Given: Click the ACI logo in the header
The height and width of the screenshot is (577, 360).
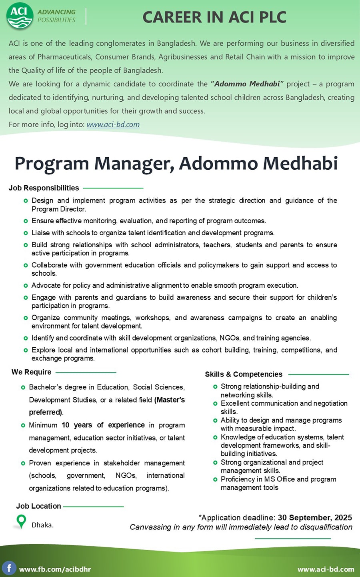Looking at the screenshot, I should (x=20, y=16).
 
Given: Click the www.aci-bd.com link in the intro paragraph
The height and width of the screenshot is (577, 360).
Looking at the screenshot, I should (x=113, y=124).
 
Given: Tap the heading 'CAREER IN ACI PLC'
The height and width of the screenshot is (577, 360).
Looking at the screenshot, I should (x=214, y=17).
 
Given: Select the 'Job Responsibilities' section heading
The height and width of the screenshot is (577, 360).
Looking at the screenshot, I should (x=44, y=188).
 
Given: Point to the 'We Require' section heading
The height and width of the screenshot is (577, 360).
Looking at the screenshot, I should (x=32, y=372).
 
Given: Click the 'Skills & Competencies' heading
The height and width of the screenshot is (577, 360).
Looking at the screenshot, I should (x=244, y=375).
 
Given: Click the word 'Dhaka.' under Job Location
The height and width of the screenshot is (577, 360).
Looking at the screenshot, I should (x=42, y=525).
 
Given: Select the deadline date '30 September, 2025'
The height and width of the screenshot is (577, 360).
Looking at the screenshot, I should (x=315, y=518).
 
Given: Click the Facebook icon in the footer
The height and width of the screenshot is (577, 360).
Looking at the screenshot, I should (x=9, y=568).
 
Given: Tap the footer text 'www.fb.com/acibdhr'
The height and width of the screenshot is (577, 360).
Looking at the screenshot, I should (x=55, y=569).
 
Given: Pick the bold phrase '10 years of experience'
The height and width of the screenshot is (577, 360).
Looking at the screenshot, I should (x=103, y=425).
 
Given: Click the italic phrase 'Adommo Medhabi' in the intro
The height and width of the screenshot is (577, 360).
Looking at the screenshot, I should (x=247, y=84).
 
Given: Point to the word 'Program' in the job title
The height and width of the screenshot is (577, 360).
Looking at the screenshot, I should (x=52, y=164).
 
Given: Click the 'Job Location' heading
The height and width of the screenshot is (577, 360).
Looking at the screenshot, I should (x=39, y=506).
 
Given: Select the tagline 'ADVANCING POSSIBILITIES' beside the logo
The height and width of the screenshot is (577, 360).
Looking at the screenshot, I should (x=56, y=16).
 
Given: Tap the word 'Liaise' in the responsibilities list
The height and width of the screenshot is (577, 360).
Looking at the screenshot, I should (x=41, y=233).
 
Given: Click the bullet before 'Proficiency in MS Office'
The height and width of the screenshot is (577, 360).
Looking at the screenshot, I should (x=216, y=479).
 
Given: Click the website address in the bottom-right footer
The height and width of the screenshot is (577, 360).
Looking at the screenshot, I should (x=326, y=569).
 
